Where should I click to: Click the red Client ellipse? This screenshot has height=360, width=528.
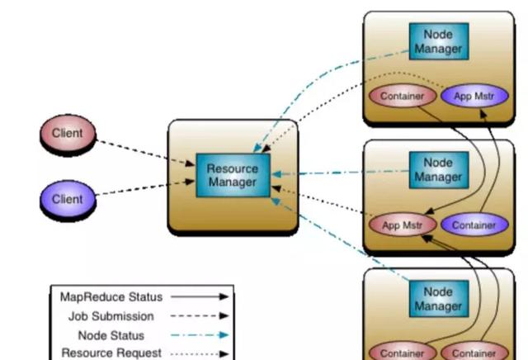[68, 133]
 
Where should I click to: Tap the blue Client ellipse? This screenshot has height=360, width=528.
[68, 199]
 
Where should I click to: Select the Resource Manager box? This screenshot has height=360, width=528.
[233, 175]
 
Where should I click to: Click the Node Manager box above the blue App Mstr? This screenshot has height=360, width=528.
[438, 41]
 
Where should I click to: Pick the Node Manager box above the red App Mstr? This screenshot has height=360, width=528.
[438, 170]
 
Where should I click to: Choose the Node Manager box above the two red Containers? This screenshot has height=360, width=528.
[438, 299]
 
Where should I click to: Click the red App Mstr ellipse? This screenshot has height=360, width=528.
[402, 225]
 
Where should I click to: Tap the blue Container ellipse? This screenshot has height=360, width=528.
[474, 225]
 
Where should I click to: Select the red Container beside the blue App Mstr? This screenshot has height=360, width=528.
[403, 96]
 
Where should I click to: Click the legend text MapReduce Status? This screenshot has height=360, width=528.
[111, 297]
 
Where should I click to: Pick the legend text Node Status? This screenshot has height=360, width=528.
[111, 335]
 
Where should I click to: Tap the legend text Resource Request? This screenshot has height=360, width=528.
[112, 353]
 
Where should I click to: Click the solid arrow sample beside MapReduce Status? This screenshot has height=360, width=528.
[200, 297]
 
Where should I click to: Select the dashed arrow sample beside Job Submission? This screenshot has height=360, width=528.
[200, 316]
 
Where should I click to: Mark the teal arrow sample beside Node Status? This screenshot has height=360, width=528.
[200, 335]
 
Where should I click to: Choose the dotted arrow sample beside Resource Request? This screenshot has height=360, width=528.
[200, 354]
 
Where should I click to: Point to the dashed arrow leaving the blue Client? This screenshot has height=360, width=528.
[145, 188]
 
